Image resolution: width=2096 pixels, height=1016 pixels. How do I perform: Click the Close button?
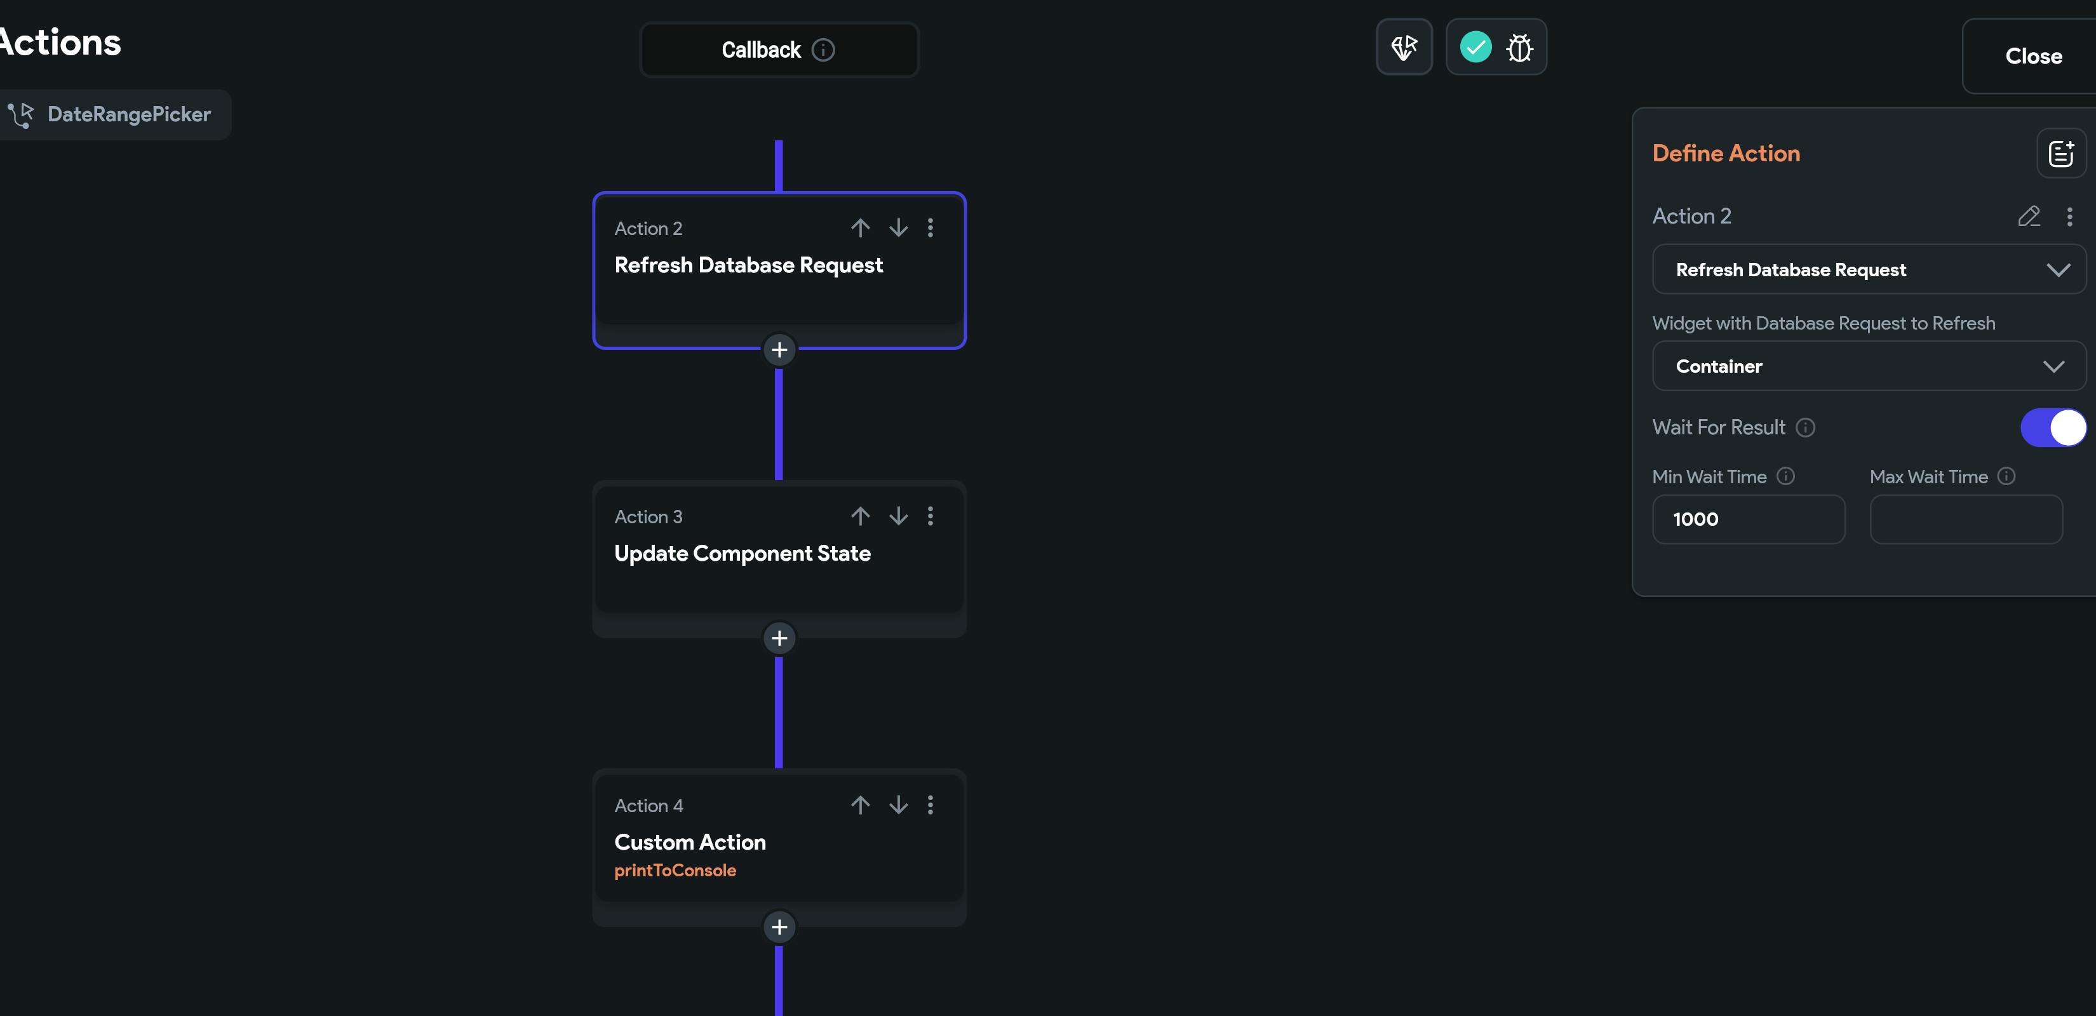pos(2032,56)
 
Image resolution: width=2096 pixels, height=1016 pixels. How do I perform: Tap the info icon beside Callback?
pos(823,50)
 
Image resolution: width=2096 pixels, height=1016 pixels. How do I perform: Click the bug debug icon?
pos(1519,47)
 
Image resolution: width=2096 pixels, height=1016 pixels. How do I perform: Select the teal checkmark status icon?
pos(1475,47)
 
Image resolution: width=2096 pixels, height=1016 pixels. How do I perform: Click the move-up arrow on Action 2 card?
pos(860,228)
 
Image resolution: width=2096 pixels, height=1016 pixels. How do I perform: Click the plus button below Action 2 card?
pos(779,350)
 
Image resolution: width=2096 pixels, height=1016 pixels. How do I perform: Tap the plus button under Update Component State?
pos(779,638)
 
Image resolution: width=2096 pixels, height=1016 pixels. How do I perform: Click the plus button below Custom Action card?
pos(779,926)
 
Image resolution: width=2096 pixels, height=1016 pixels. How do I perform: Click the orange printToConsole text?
pos(675,871)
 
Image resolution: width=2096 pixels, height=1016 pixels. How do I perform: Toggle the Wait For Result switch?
pos(2053,428)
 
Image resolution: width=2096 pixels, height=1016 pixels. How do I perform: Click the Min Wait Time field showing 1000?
pos(1749,519)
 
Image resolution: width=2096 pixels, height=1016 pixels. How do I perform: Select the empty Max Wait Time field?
pos(1966,519)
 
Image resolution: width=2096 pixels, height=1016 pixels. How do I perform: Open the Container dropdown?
pos(1869,366)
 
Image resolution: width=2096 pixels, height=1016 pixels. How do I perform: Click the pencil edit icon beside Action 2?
pos(2029,217)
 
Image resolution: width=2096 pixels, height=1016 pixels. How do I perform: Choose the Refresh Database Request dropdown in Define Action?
pos(1869,269)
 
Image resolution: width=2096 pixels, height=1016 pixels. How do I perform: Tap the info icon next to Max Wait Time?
pos(2006,476)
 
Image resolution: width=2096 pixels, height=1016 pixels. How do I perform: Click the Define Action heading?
pos(1726,153)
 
